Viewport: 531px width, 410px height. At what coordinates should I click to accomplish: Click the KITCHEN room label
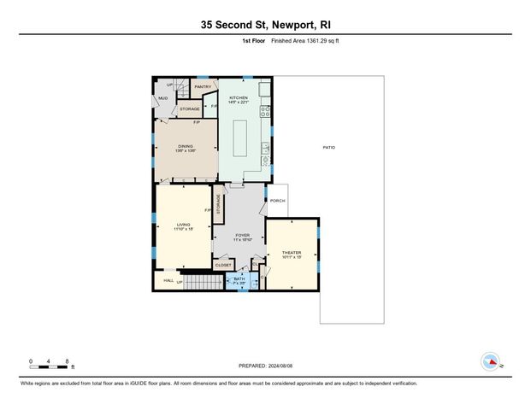point(239,98)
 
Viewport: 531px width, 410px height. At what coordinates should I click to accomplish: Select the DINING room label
point(186,147)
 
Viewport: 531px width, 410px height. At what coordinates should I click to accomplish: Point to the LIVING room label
point(183,224)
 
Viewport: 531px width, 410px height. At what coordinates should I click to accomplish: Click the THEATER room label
point(292,253)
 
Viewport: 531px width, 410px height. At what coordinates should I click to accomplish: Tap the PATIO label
point(328,148)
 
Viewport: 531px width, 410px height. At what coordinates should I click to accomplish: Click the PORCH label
point(276,202)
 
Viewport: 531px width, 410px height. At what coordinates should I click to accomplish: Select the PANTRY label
point(203,86)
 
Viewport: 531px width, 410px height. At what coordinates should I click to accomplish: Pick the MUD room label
point(162,98)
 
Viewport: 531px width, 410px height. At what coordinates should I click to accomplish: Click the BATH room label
point(239,278)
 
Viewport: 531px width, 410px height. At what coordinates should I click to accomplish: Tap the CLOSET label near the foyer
point(223,265)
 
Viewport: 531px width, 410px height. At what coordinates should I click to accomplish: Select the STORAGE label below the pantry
point(189,108)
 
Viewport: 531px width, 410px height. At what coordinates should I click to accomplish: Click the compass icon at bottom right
point(490,360)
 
